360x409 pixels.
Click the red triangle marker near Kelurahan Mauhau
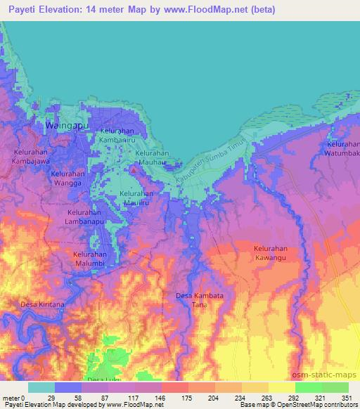coord(134,169)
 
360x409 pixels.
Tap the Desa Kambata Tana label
coord(199,300)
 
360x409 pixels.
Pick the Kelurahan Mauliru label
coord(138,198)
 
